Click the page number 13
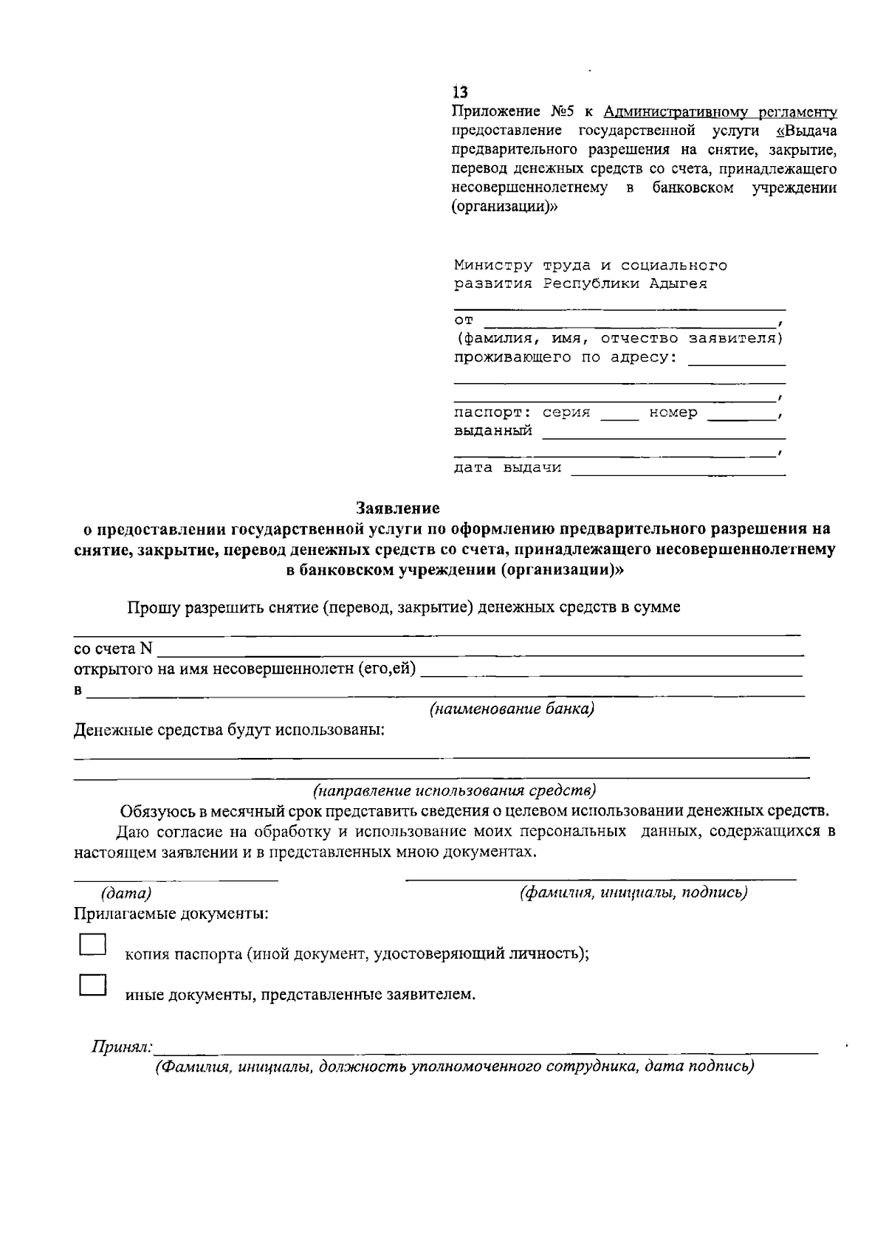tap(460, 92)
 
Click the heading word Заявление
tap(397, 508)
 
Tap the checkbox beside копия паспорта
tap(92, 945)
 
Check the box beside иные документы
tap(92, 985)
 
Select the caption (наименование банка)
tap(512, 709)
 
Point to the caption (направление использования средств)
tap(454, 790)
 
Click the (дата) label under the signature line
tap(126, 893)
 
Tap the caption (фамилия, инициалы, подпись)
tap(633, 892)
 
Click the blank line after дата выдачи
tap(678, 472)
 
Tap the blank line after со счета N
tap(480, 652)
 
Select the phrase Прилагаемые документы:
tap(171, 914)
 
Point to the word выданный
tap(492, 431)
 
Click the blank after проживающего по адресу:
tap(736, 362)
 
